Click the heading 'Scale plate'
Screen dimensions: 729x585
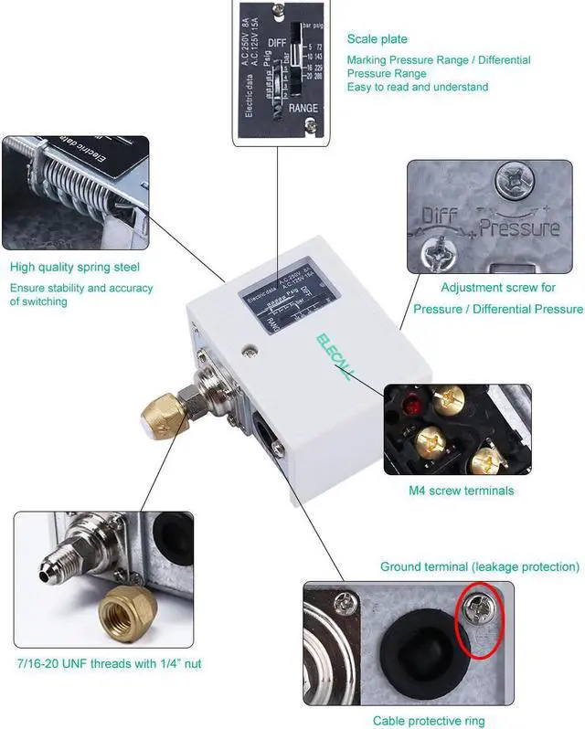(x=377, y=39)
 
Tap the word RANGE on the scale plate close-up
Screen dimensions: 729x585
(x=303, y=109)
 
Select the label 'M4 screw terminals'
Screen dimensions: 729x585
(x=461, y=491)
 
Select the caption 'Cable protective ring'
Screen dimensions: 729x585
(x=431, y=721)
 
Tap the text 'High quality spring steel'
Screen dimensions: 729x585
(x=75, y=268)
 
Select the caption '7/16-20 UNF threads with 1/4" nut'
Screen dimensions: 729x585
(x=108, y=663)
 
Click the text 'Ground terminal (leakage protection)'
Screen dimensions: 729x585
(x=480, y=567)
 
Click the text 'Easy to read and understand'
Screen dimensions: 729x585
(x=417, y=87)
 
